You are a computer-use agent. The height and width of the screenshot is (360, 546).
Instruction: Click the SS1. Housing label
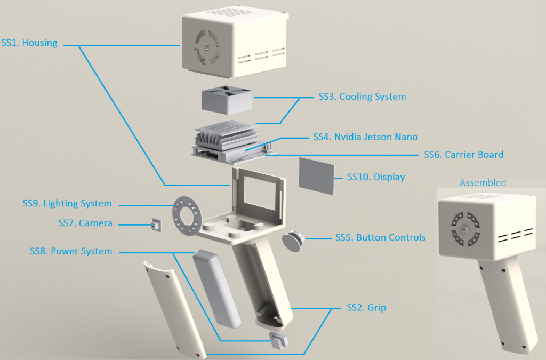29,43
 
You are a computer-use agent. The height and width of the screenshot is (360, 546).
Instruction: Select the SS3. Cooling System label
362,97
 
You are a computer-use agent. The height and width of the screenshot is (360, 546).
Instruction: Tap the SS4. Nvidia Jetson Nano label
365,137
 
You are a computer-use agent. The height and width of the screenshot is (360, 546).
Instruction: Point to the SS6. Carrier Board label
463,155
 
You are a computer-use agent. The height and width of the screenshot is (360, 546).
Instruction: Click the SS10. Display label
376,177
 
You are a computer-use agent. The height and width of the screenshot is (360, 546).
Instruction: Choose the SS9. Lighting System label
67,203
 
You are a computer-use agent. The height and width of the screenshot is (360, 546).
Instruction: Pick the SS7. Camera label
85,223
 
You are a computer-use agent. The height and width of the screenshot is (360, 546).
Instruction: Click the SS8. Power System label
71,251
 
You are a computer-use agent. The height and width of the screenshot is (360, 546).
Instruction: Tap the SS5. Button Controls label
380,237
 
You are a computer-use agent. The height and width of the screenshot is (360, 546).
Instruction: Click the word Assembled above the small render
483,182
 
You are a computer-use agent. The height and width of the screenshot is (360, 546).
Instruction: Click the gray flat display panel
316,175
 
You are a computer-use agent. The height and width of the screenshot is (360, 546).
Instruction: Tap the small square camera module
156,226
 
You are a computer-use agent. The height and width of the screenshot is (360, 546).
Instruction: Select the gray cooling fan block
227,100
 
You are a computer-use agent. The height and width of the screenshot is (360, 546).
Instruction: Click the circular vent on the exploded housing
206,46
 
